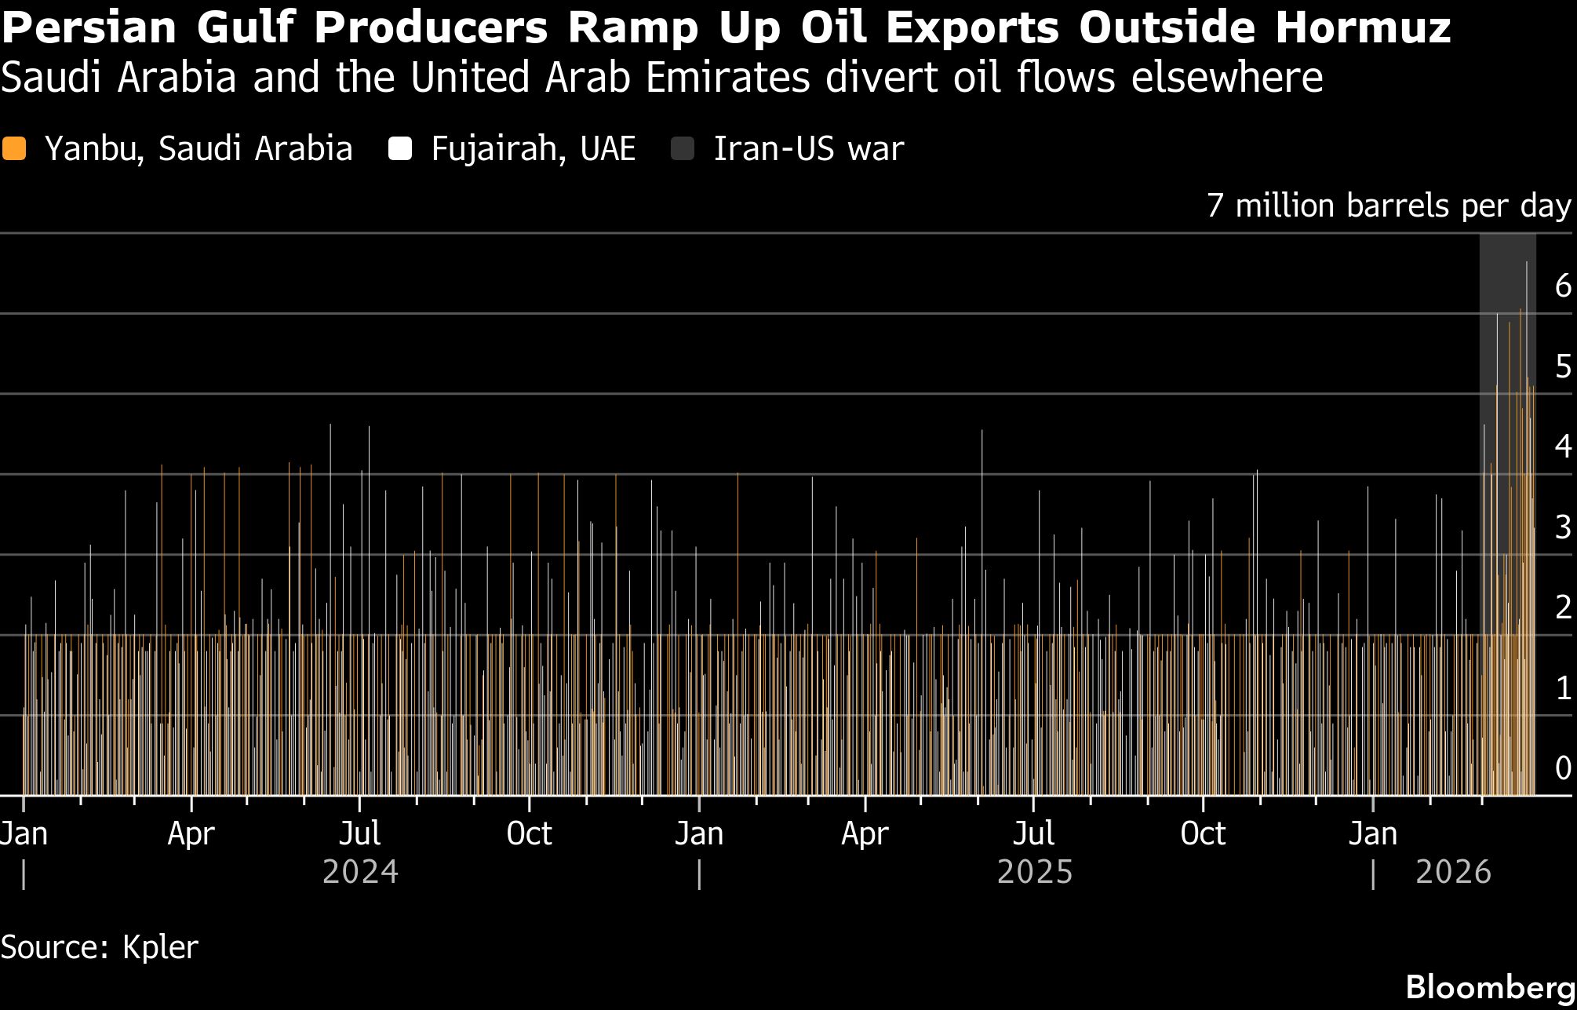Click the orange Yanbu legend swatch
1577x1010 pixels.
click(14, 149)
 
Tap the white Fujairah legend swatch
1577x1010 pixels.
click(400, 149)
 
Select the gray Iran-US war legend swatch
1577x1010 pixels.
click(683, 149)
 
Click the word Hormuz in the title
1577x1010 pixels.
click(1362, 27)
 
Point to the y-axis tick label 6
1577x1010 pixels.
click(1563, 286)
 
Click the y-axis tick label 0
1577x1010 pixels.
click(1563, 768)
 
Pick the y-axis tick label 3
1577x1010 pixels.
click(1563, 527)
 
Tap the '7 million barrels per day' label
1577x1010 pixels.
click(1389, 206)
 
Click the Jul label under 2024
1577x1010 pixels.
click(360, 833)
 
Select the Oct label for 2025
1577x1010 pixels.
click(1203, 833)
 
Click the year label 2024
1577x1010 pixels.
click(360, 873)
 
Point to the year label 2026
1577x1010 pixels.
click(1453, 873)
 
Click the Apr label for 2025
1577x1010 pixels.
click(865, 833)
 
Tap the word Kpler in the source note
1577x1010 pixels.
click(160, 948)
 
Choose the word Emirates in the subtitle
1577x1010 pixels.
click(729, 78)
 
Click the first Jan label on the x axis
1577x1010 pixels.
click(24, 833)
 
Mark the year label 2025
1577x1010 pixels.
click(1034, 873)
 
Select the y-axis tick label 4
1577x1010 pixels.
click(1563, 447)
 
